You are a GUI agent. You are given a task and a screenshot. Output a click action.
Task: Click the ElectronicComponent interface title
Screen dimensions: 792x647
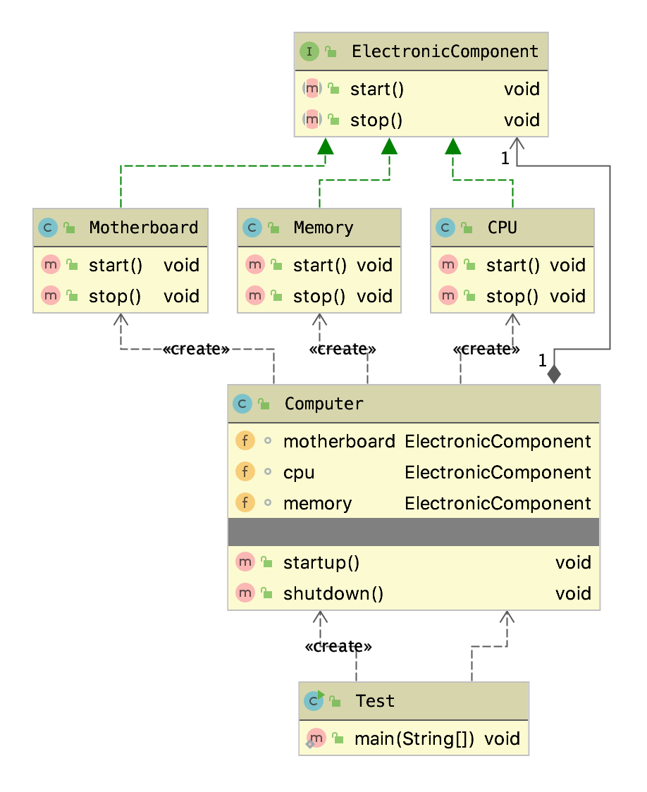pyautogui.click(x=445, y=51)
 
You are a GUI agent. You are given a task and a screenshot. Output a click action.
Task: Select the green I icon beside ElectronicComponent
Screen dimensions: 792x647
pyautogui.click(x=309, y=51)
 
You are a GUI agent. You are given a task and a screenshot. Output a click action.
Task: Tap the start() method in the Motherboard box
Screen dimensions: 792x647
pyautogui.click(x=116, y=266)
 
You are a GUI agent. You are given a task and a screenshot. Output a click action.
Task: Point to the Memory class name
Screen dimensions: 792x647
pyautogui.click(x=323, y=228)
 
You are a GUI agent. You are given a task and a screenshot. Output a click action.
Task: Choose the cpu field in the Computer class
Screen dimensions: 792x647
pyautogui.click(x=299, y=473)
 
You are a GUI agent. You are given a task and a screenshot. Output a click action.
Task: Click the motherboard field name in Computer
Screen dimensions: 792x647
pyautogui.click(x=338, y=442)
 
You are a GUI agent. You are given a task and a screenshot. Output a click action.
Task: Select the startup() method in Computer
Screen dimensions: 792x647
pyautogui.click(x=321, y=563)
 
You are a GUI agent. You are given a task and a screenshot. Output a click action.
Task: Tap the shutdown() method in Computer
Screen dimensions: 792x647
pyautogui.click(x=333, y=594)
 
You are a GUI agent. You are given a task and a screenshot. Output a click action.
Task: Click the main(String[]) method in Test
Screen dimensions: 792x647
pyautogui.click(x=414, y=739)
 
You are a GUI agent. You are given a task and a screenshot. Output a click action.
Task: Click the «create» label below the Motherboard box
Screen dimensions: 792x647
pyautogui.click(x=196, y=349)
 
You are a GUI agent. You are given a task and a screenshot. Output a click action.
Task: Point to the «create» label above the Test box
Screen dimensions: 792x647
pyautogui.click(x=338, y=647)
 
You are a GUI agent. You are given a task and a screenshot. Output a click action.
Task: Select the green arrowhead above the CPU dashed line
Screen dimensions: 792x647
pyautogui.click(x=453, y=146)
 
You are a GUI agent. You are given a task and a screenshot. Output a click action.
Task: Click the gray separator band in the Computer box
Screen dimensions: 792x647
pyautogui.click(x=414, y=531)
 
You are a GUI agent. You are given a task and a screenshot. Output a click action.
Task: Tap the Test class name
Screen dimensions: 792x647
pyautogui.click(x=374, y=701)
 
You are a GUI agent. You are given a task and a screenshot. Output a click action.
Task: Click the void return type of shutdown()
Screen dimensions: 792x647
pyautogui.click(x=572, y=594)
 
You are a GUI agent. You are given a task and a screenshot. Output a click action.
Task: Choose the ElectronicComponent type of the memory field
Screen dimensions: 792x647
pyautogui.click(x=498, y=504)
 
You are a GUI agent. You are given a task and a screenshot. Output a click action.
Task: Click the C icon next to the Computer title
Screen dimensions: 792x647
pyautogui.click(x=242, y=404)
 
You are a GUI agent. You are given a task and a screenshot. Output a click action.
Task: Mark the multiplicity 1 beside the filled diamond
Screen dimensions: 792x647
pyautogui.click(x=542, y=361)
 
